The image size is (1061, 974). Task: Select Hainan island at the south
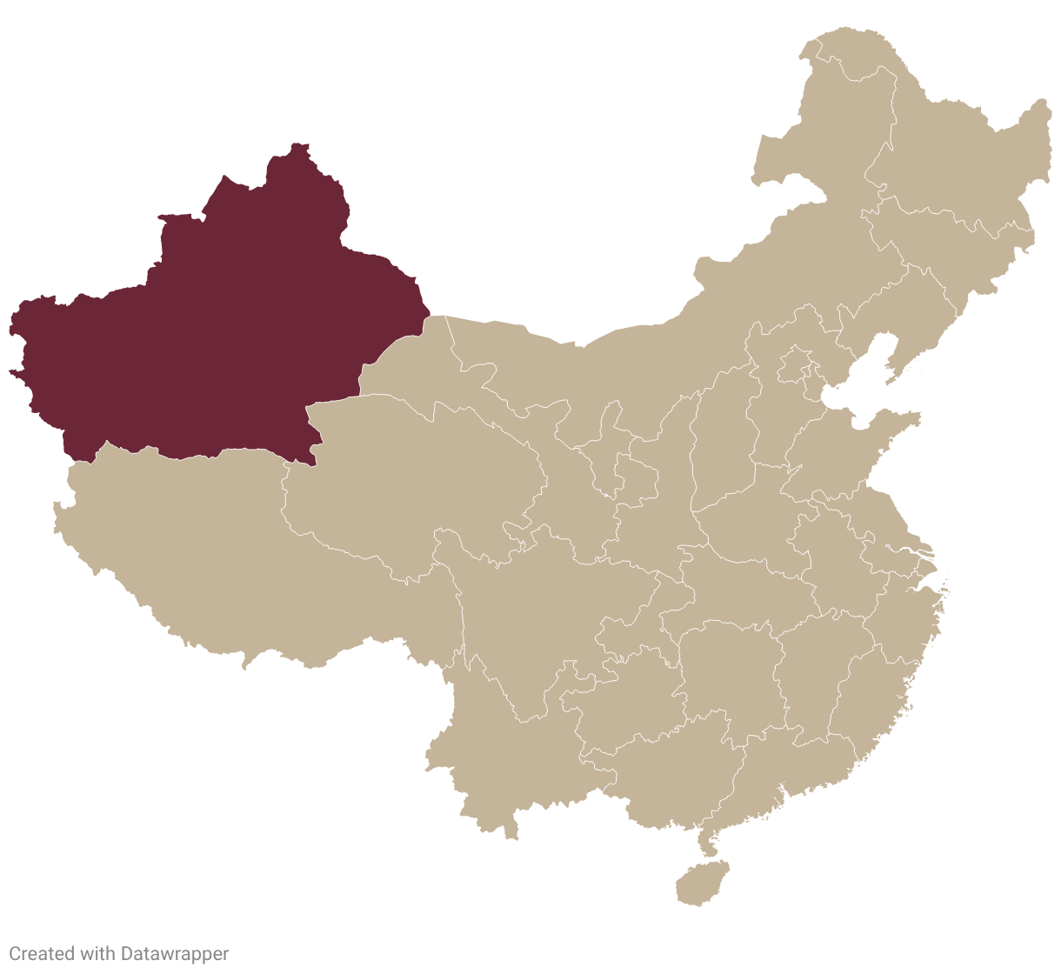coord(701,884)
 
